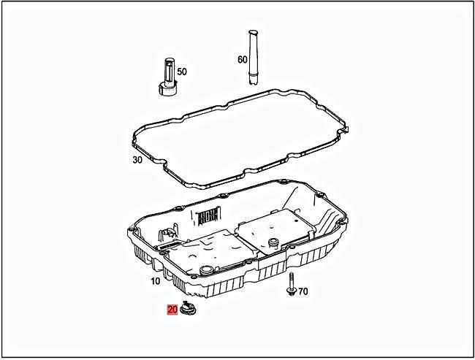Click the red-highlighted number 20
point(172,310)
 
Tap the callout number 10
point(155,281)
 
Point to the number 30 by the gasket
point(137,160)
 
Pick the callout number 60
point(243,59)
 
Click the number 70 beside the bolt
point(303,291)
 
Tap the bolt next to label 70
point(291,284)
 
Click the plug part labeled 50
point(167,80)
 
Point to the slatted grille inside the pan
point(208,217)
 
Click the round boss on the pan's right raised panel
point(275,242)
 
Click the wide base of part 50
point(167,91)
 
